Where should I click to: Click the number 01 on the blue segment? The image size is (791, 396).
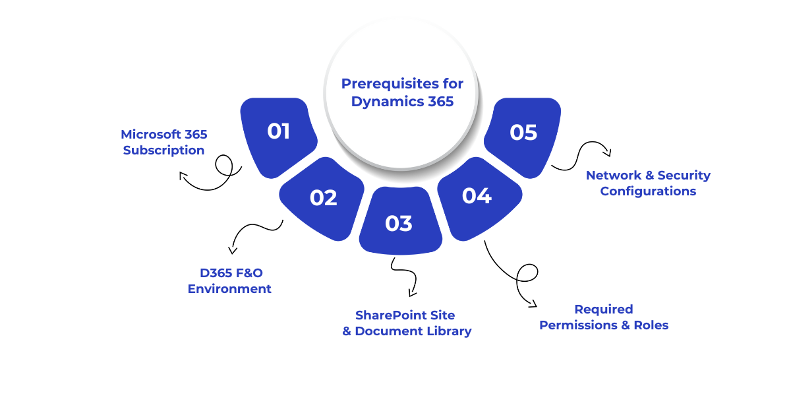(278, 131)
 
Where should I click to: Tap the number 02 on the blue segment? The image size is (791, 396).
(323, 197)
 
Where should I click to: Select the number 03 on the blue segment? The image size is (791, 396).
(399, 224)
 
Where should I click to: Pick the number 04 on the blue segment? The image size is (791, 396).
(477, 196)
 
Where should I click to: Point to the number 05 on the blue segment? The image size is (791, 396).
(523, 133)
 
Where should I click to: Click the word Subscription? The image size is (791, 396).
(163, 150)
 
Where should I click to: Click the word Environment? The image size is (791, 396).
(229, 289)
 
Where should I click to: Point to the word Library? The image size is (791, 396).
(448, 331)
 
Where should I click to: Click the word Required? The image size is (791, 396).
(603, 310)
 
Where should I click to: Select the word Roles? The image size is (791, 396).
(651, 325)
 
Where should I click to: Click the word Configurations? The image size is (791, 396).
(648, 191)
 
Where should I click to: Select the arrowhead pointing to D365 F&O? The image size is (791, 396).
(232, 250)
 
